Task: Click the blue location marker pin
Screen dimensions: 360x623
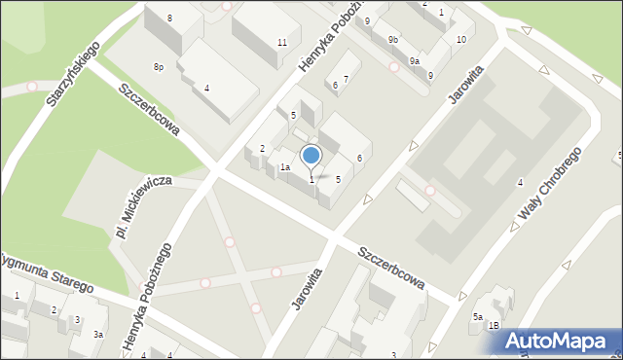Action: [311, 156]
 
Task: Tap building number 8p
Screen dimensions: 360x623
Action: [158, 66]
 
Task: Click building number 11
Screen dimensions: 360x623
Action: [281, 42]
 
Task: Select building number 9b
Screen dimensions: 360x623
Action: [392, 40]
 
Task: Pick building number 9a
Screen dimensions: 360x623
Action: [414, 61]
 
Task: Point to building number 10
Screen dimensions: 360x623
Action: [460, 39]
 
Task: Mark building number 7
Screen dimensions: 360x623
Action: [345, 79]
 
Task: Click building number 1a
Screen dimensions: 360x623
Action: [285, 167]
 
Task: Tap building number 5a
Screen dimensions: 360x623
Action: [478, 317]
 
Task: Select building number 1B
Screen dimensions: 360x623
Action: [495, 325]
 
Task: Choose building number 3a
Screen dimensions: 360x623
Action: [98, 334]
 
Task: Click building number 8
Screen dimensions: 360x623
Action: [169, 18]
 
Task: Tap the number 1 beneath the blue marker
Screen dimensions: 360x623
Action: [311, 179]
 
